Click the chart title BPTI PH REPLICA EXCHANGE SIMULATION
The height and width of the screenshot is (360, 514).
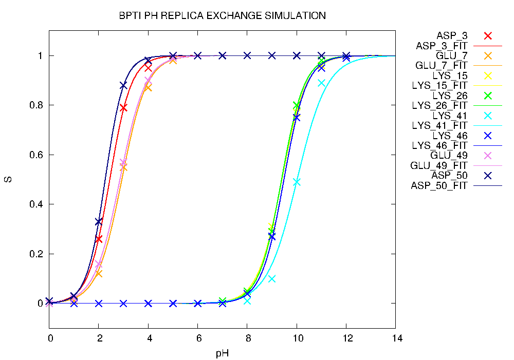click(x=222, y=16)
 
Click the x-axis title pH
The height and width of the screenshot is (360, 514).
click(x=222, y=353)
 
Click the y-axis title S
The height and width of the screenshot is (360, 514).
click(x=9, y=180)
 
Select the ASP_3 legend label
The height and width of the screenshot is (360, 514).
click(x=452, y=35)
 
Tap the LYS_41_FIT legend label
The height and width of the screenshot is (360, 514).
click(x=439, y=125)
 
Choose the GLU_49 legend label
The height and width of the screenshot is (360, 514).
click(x=449, y=156)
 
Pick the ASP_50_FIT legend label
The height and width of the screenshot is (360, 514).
click(x=439, y=185)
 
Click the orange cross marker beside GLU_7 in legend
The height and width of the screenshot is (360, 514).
click(x=488, y=55)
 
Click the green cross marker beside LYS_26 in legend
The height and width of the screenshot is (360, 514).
click(x=488, y=96)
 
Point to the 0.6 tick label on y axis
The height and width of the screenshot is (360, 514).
click(x=36, y=155)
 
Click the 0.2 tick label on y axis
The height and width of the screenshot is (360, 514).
click(x=36, y=254)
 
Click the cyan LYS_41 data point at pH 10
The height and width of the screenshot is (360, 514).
click(x=297, y=182)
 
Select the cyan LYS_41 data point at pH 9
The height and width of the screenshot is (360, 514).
click(x=272, y=279)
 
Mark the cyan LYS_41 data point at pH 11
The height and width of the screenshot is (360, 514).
click(x=321, y=83)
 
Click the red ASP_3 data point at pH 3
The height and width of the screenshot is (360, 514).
click(x=123, y=108)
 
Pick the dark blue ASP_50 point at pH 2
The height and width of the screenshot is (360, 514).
click(x=99, y=222)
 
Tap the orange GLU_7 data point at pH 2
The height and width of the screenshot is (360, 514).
click(x=99, y=274)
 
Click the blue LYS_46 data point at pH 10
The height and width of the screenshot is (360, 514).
click(x=297, y=118)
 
